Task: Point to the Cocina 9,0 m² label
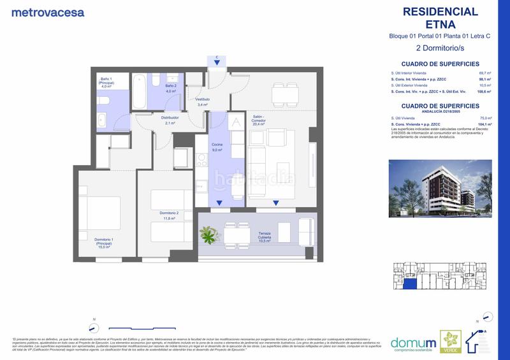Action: click(217, 148)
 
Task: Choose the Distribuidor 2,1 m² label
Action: click(169, 120)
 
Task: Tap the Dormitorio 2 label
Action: click(169, 215)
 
